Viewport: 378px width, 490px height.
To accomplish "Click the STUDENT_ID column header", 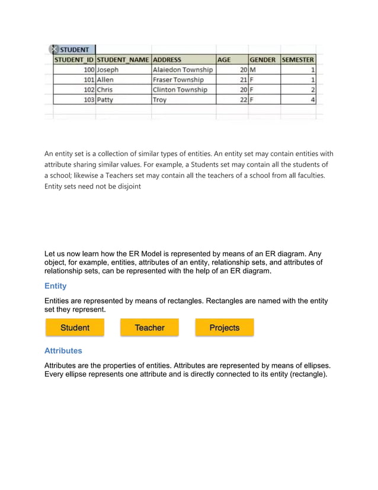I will click(74, 60).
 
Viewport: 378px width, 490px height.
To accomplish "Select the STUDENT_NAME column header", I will click(123, 60).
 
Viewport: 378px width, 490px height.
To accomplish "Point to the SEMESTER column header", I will click(298, 60).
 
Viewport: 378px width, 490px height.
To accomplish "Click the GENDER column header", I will click(263, 60).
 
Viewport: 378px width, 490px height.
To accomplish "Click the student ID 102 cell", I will click(74, 90).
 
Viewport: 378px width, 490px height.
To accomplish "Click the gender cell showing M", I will click(263, 70).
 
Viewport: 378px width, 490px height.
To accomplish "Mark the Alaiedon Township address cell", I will click(183, 70).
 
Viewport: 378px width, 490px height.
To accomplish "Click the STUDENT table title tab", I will click(75, 50).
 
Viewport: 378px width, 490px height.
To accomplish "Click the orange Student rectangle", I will click(75, 328).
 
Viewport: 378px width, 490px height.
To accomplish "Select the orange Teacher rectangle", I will click(149, 328).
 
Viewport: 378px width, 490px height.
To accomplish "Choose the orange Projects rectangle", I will click(225, 328).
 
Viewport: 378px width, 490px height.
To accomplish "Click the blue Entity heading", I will click(56, 286).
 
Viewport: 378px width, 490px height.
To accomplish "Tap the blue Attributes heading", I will click(63, 351).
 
